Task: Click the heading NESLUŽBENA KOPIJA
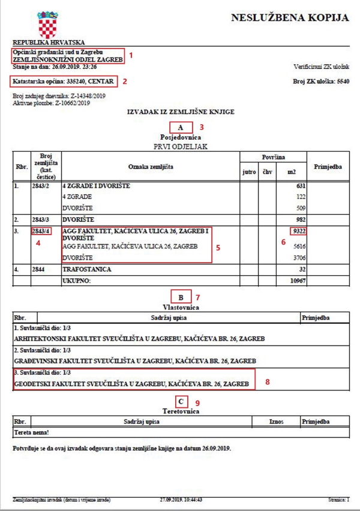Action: (290, 18)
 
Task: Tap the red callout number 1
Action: (131, 55)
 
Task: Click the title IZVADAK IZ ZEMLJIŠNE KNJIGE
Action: (179, 112)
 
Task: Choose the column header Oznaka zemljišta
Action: (149, 166)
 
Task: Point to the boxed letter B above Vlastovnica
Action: (181, 297)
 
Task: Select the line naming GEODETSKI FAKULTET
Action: (131, 383)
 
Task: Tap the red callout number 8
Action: (268, 381)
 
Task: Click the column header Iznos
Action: (277, 422)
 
